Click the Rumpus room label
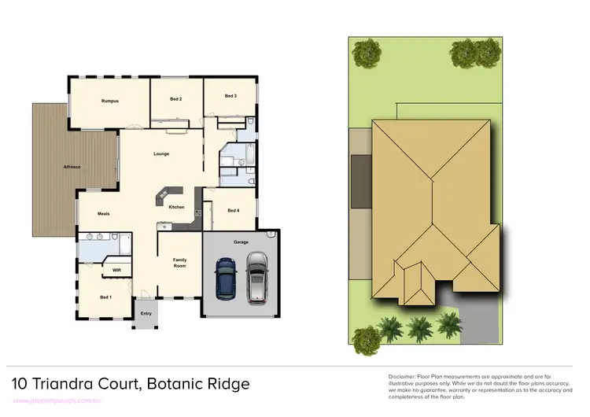click(109, 101)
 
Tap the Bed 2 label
click(176, 99)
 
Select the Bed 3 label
click(230, 96)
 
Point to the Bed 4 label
click(234, 210)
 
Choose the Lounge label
click(161, 153)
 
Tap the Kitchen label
click(176, 207)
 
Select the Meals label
click(103, 213)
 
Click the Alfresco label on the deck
click(74, 167)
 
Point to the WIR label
click(116, 269)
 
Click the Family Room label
click(179, 263)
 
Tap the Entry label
click(146, 314)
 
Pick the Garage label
click(241, 242)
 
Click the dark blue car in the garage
click(226, 279)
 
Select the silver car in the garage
click(257, 277)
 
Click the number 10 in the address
click(20, 384)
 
